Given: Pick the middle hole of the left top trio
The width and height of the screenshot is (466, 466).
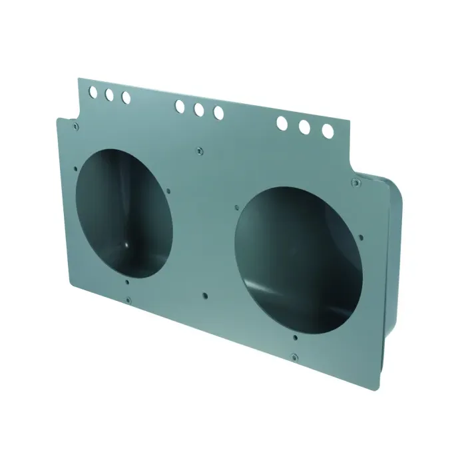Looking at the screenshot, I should pos(109,95).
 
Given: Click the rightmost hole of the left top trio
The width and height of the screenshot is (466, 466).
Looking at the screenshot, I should pos(126,98).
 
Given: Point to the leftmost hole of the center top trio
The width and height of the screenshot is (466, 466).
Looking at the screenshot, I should pos(180,106).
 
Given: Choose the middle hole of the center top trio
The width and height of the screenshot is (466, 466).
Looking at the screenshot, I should pos(199,110).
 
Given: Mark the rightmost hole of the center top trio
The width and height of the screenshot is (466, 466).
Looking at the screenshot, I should pos(218,113).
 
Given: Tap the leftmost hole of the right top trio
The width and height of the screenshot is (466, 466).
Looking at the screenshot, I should pos(282,122).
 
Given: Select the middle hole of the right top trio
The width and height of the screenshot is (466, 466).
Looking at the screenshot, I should pos(305,126).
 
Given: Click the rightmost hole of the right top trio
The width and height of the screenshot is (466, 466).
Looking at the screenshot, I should pos(328,131).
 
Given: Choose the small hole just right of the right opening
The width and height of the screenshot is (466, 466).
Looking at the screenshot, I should pos(360,236).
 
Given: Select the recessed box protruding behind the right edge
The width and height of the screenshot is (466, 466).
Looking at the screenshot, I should pos(389,266).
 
